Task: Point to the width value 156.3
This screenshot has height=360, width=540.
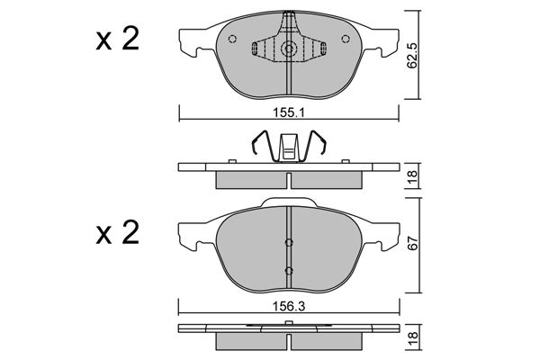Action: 290,306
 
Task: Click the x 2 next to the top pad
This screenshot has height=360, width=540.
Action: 117,40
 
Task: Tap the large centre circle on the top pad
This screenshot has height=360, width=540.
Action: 289,51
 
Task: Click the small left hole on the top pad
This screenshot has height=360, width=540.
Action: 233,39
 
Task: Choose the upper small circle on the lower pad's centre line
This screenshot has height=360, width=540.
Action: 289,241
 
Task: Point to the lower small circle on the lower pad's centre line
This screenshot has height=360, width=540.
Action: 289,270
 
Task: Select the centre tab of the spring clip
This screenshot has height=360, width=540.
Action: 289,146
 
